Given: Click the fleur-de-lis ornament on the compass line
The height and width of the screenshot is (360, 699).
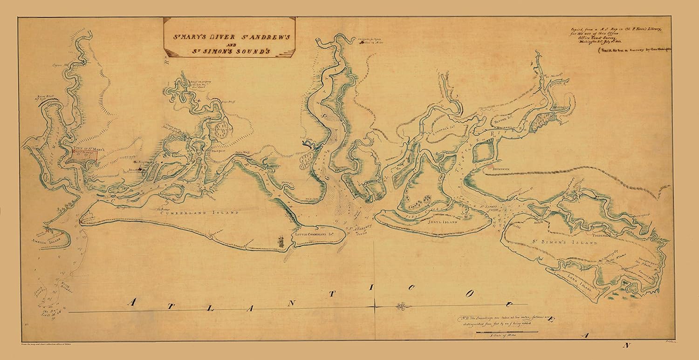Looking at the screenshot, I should point(401,306).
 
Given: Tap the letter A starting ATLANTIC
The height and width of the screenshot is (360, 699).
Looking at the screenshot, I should point(132,302).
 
